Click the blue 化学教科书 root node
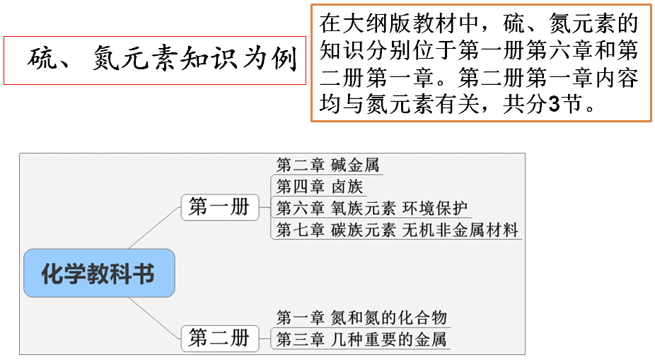(98, 273)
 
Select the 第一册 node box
(219, 207)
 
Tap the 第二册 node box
(219, 338)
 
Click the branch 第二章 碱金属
(327, 166)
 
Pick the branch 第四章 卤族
(319, 187)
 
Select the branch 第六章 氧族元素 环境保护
(371, 208)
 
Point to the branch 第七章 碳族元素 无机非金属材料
(396, 230)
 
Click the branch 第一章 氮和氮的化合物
(361, 318)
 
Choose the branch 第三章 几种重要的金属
(361, 339)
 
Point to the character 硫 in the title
(43, 59)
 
